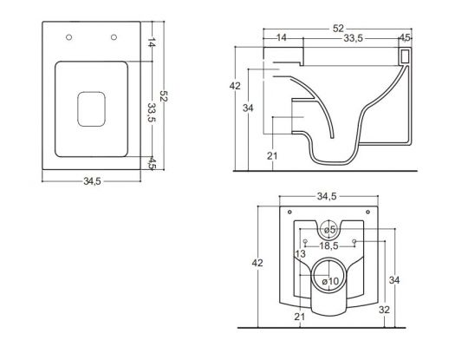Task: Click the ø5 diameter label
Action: pos(329,229)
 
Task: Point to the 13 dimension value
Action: pos(300,254)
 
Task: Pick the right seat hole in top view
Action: pos(114,36)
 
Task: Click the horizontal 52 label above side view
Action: pos(335,27)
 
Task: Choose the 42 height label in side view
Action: pos(236,87)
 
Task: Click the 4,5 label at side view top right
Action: pos(404,38)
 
